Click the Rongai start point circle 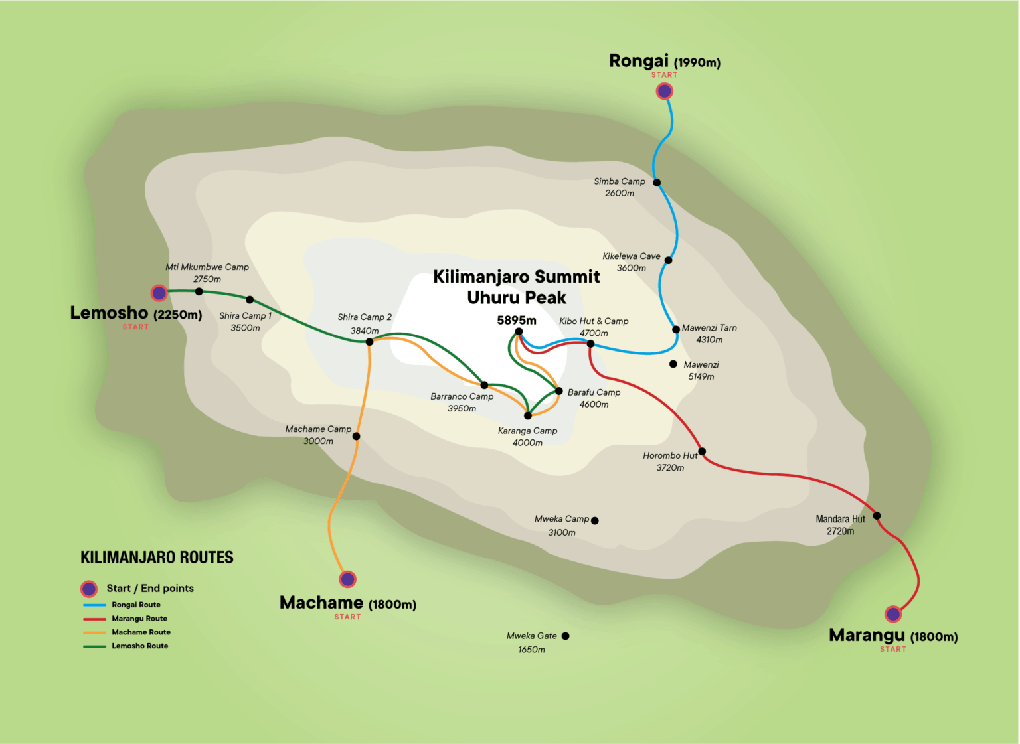click(x=664, y=91)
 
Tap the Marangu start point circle click(x=893, y=614)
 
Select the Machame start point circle click(x=347, y=579)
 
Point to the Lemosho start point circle click(x=159, y=293)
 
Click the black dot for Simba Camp click(x=657, y=183)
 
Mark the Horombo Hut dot click(x=702, y=451)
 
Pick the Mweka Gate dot click(x=565, y=636)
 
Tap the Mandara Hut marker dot click(x=877, y=516)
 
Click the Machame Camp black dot click(x=356, y=436)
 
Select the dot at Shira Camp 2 click(x=369, y=342)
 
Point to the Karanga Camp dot click(x=528, y=416)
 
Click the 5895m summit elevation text click(x=516, y=320)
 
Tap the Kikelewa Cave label click(x=631, y=256)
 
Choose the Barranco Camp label click(x=462, y=396)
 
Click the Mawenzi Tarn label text click(x=709, y=328)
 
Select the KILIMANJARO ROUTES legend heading click(x=157, y=558)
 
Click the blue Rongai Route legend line click(x=94, y=605)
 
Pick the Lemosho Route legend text click(x=139, y=646)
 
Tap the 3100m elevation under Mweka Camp click(x=561, y=532)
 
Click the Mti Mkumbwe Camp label click(x=207, y=267)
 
